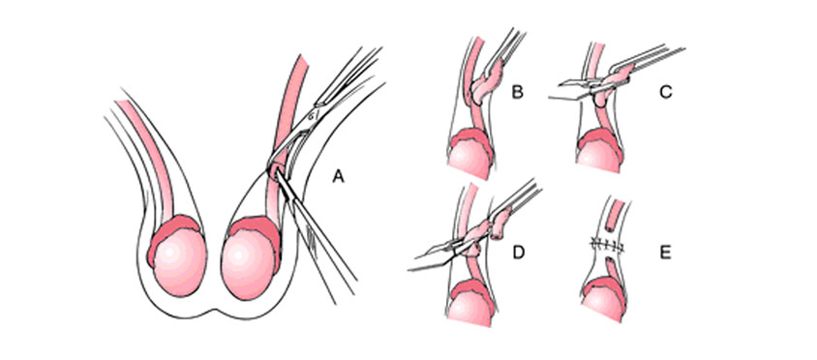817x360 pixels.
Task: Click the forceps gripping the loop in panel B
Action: click(x=507, y=48)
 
